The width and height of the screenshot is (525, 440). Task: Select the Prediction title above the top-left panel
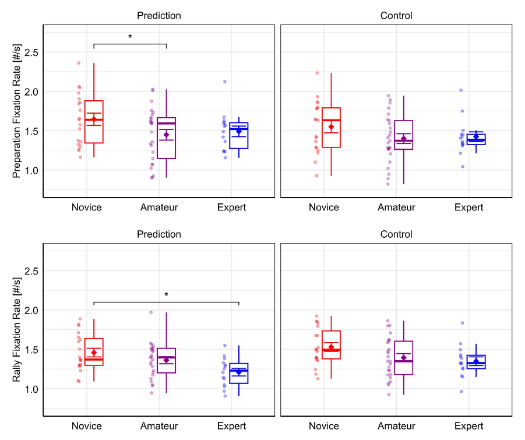pos(159,16)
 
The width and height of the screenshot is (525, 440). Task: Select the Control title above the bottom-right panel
pos(396,234)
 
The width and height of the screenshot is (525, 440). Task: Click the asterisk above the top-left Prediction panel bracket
pos(130,37)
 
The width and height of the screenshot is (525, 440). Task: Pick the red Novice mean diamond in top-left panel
pos(94,119)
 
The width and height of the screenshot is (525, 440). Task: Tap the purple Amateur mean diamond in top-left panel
pos(166,135)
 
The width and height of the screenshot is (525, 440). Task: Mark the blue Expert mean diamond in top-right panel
pos(476,137)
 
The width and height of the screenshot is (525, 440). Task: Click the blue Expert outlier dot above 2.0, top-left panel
pos(224,82)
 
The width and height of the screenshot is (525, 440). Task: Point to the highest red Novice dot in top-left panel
pos(79,63)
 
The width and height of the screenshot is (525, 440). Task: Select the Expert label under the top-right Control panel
pos(469,207)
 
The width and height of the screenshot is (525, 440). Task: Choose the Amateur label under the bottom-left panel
pos(159,426)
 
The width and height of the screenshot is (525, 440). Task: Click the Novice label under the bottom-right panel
pos(323,426)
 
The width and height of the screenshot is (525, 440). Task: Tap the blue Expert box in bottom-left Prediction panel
pos(239,373)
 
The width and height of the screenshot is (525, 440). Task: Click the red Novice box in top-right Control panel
pos(331,128)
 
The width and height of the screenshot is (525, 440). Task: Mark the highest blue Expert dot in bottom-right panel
pos(463,323)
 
